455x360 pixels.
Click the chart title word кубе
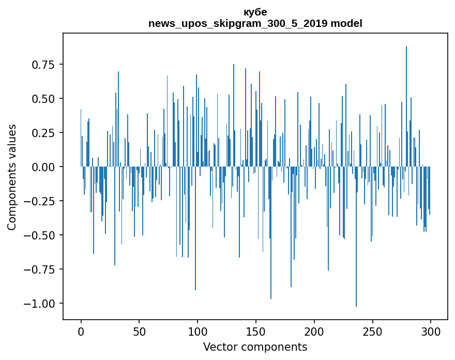pyautogui.click(x=255, y=12)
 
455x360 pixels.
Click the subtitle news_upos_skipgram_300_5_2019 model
pyautogui.click(x=255, y=23)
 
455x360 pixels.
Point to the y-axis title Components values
pyautogui.click(x=11, y=177)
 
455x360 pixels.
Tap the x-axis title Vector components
pyautogui.click(x=255, y=347)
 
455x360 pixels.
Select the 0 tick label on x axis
pyautogui.click(x=81, y=332)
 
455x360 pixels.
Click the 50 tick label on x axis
pyautogui.click(x=139, y=332)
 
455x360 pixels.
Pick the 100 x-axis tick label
pyautogui.click(x=198, y=332)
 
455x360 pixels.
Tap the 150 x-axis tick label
pyautogui.click(x=256, y=332)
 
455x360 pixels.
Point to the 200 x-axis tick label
pyautogui.click(x=314, y=332)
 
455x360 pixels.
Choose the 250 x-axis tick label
pyautogui.click(x=372, y=332)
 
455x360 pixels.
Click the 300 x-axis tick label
pyautogui.click(x=431, y=332)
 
